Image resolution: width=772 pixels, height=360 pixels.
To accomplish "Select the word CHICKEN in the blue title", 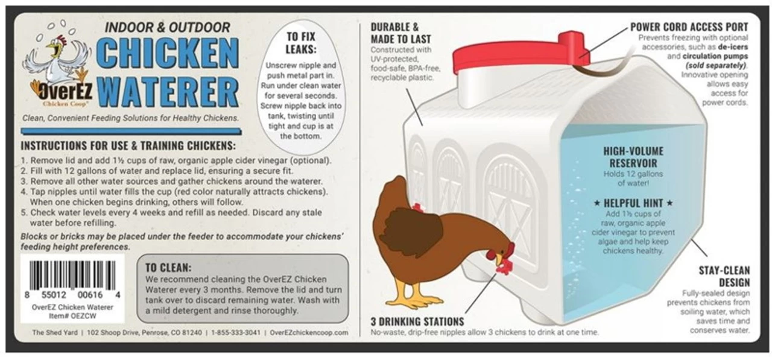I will (x=168, y=55).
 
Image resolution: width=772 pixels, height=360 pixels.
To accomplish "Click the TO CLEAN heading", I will (x=168, y=268).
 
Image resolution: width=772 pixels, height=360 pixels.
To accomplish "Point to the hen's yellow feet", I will (x=416, y=300).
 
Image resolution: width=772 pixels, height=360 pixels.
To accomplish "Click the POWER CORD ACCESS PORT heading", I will (x=689, y=27).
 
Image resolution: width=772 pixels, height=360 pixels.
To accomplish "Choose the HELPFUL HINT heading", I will (x=633, y=203).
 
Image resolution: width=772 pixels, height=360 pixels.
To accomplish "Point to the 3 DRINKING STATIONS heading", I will (x=417, y=321).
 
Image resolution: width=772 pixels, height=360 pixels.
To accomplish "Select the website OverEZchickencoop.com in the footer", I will (x=309, y=332).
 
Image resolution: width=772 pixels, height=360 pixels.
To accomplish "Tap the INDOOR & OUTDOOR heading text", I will (x=167, y=28).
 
